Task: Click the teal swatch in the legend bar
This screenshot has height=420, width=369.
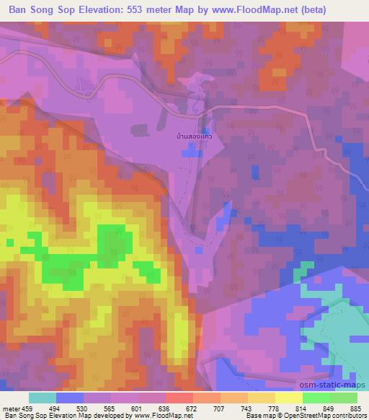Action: tap(42, 398)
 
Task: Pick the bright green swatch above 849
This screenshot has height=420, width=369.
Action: tap(317, 398)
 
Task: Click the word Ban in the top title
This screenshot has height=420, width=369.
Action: tap(18, 10)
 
